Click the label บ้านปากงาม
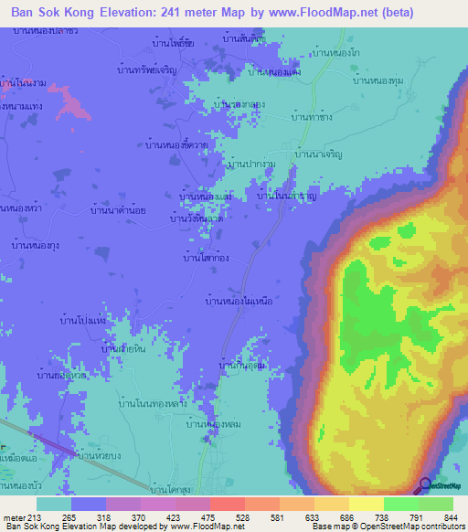[x=250, y=163]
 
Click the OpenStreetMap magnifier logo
[x=425, y=485]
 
